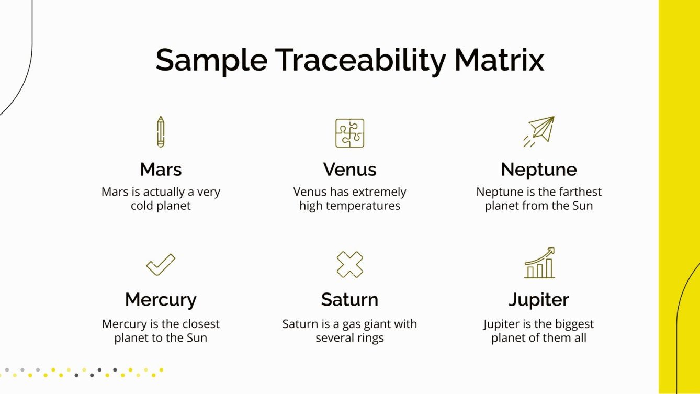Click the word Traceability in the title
[x=360, y=60]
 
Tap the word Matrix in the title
[x=499, y=60]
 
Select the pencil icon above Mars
[x=161, y=132]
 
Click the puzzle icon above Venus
[x=349, y=133]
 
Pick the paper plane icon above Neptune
[x=539, y=131]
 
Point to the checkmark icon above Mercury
[x=161, y=264]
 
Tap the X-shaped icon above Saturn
[x=349, y=264]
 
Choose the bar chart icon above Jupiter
[x=539, y=263]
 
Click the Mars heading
[x=161, y=170]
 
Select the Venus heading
[x=349, y=170]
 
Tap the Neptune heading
[x=539, y=170]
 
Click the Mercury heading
[x=161, y=300]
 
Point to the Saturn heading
[x=349, y=300]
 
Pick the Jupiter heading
[x=539, y=300]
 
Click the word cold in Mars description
[x=142, y=206]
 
